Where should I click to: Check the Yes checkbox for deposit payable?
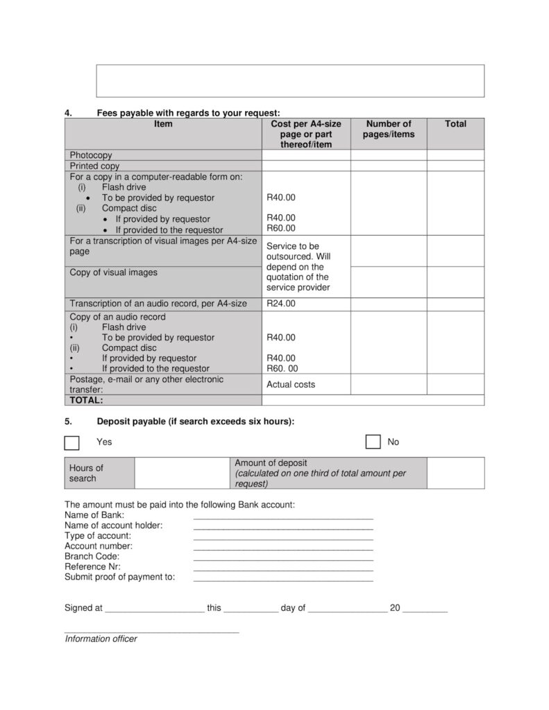pos(71,442)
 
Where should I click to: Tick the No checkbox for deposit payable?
pos(373,442)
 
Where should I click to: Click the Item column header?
pos(163,124)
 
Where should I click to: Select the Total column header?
pos(455,124)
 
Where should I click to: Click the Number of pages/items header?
pos(389,129)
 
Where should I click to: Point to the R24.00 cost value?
pos(281,304)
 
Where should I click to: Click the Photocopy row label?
pos(91,155)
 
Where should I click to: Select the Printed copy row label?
pos(95,166)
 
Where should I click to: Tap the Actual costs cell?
pos(291,384)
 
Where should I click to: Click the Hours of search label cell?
pos(86,473)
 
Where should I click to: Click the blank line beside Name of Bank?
pos(283,517)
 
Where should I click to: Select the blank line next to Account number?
pos(283,548)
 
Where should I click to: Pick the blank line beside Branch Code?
pos(283,559)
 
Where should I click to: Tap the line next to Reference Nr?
pos(283,569)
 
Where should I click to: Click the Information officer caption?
pos(101,639)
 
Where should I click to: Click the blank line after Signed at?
pos(153,611)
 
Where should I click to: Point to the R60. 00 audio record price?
pos(282,369)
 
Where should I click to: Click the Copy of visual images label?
pos(114,272)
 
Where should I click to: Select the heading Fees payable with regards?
pos(188,112)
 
